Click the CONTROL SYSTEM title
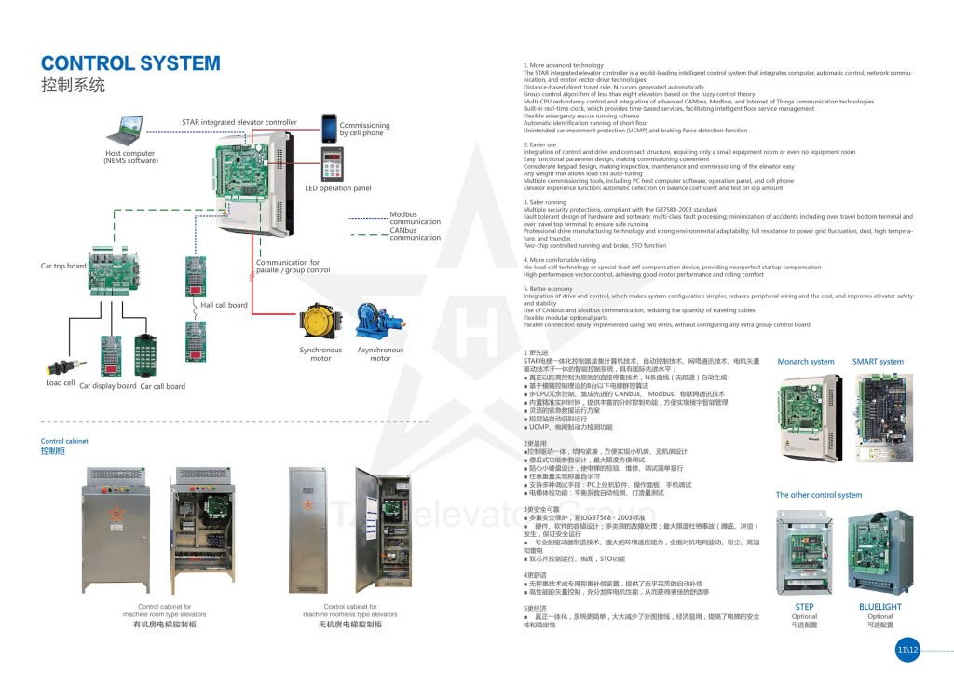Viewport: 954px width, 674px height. (x=130, y=63)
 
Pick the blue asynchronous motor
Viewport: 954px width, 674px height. (x=380, y=323)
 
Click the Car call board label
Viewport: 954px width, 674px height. (x=163, y=386)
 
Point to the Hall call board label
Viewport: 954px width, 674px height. (x=225, y=305)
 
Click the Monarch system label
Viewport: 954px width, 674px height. (x=806, y=362)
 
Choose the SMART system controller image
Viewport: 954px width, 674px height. (x=878, y=418)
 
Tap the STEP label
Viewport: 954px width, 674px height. (x=804, y=607)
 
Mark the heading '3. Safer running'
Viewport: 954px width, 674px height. (x=546, y=202)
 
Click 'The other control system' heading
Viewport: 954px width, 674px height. (x=819, y=495)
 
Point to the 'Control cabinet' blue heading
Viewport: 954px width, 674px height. (x=64, y=441)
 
